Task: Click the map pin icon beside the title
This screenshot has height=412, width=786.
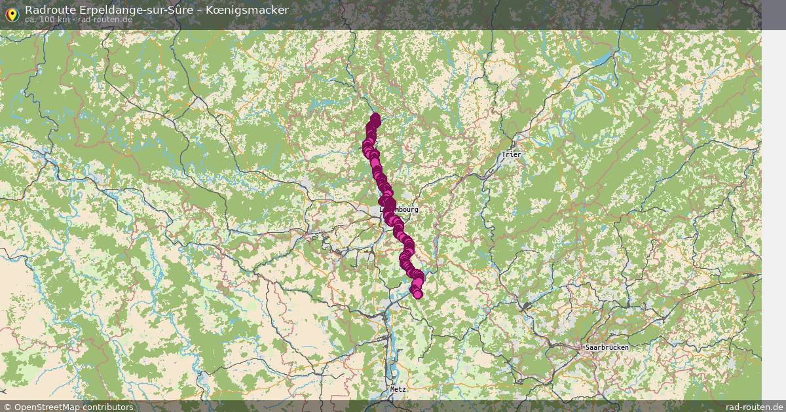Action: pyautogui.click(x=11, y=12)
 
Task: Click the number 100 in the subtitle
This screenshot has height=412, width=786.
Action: pyautogui.click(x=52, y=20)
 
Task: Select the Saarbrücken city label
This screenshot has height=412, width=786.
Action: pyautogui.click(x=607, y=347)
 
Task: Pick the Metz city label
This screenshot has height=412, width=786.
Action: pyautogui.click(x=398, y=388)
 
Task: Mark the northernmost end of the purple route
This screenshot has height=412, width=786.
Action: pyautogui.click(x=375, y=118)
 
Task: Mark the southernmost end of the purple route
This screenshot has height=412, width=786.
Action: pyautogui.click(x=417, y=294)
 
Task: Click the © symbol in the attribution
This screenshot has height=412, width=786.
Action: pyautogui.click(x=6, y=407)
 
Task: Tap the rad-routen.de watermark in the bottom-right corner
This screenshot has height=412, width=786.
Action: pyautogui.click(x=755, y=407)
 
